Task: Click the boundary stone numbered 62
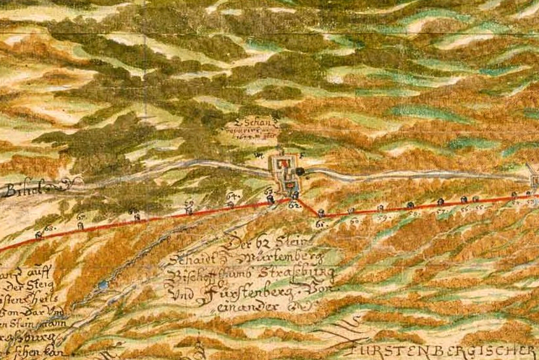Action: coord(295,196)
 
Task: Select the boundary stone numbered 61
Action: coord(321,213)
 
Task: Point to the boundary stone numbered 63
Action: coord(270,199)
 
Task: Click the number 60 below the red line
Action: coord(354,221)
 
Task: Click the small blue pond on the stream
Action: coord(104,285)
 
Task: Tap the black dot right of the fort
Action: coord(300,171)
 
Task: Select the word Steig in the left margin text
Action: coord(44,287)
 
